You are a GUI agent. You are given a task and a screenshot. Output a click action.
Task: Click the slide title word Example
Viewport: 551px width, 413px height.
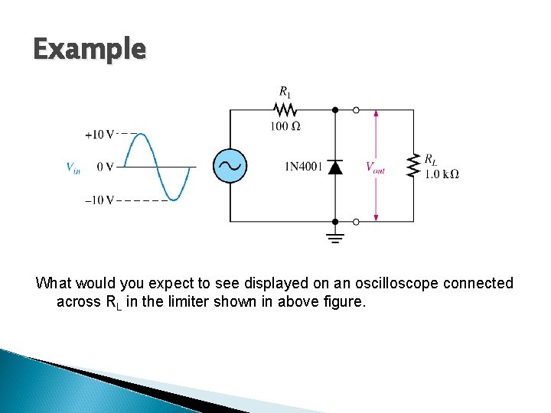pos(89,50)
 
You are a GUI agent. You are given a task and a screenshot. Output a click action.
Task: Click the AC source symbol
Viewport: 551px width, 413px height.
pos(229,166)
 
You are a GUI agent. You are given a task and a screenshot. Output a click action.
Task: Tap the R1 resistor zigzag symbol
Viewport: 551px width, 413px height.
pos(284,110)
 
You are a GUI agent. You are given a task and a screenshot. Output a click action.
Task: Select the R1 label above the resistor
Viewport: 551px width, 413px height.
pos(284,93)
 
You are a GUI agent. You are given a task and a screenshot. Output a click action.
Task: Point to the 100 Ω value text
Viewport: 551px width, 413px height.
pos(284,126)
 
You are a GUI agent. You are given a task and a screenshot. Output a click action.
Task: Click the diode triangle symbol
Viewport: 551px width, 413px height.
pos(335,167)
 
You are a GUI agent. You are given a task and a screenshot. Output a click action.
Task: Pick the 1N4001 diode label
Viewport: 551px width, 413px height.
pos(303,167)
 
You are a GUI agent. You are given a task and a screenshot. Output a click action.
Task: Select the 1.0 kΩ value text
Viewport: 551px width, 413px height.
pos(442,174)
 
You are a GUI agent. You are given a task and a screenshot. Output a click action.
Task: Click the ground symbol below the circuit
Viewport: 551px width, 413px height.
pos(335,236)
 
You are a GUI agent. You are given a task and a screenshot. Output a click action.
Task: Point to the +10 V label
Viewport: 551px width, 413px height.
pos(100,135)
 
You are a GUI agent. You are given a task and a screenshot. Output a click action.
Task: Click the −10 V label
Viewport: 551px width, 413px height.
pos(100,201)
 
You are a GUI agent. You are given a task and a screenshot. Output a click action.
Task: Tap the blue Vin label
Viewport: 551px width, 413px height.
pos(73,167)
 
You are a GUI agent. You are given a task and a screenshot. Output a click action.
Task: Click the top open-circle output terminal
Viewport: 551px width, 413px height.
pos(356,110)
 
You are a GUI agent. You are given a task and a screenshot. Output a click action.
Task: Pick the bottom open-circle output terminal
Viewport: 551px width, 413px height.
pos(356,222)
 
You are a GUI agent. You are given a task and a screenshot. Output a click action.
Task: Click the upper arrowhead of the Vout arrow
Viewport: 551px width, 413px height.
pos(376,115)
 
